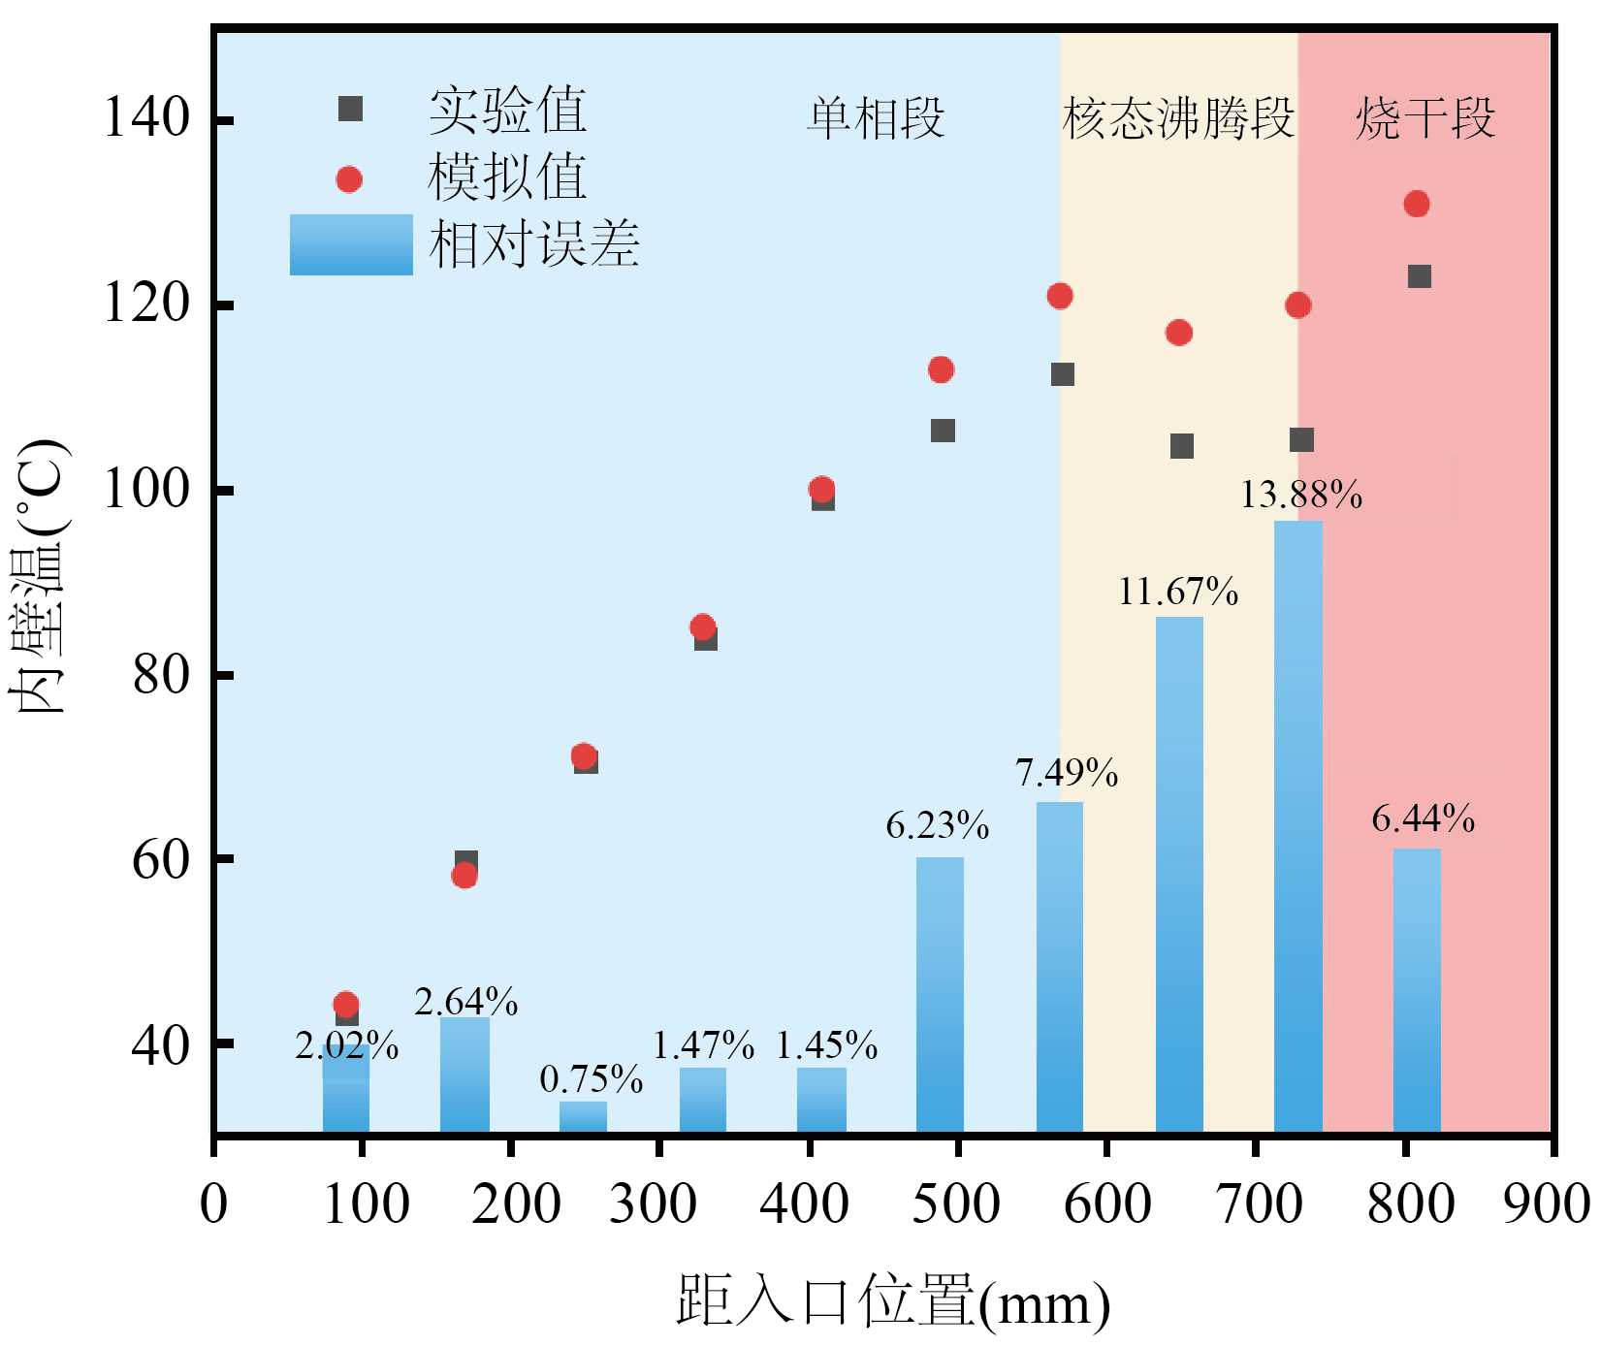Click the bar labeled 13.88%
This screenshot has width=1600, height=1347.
1297,824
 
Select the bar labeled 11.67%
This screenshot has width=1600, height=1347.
1179,873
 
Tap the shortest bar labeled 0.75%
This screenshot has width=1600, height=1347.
583,1116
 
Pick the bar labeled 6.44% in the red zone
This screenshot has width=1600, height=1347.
1417,989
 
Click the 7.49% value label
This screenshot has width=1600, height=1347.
1066,773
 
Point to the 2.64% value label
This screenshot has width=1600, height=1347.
465,1002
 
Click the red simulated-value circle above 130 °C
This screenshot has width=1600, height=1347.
1417,204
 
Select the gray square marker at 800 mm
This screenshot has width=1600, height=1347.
1420,276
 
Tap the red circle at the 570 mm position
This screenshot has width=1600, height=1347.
1060,296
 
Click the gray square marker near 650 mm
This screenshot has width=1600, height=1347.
1181,446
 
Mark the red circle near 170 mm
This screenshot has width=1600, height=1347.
464,876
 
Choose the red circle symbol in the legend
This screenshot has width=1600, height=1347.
349,179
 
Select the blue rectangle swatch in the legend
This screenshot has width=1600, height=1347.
351,244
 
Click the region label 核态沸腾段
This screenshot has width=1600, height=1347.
1178,118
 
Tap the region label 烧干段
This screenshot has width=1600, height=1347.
1424,118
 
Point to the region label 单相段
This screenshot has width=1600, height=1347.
876,118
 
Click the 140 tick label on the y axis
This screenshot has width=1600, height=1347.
145,118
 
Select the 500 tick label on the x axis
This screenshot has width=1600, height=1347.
956,1204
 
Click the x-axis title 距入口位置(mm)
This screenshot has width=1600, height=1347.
893,1301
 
